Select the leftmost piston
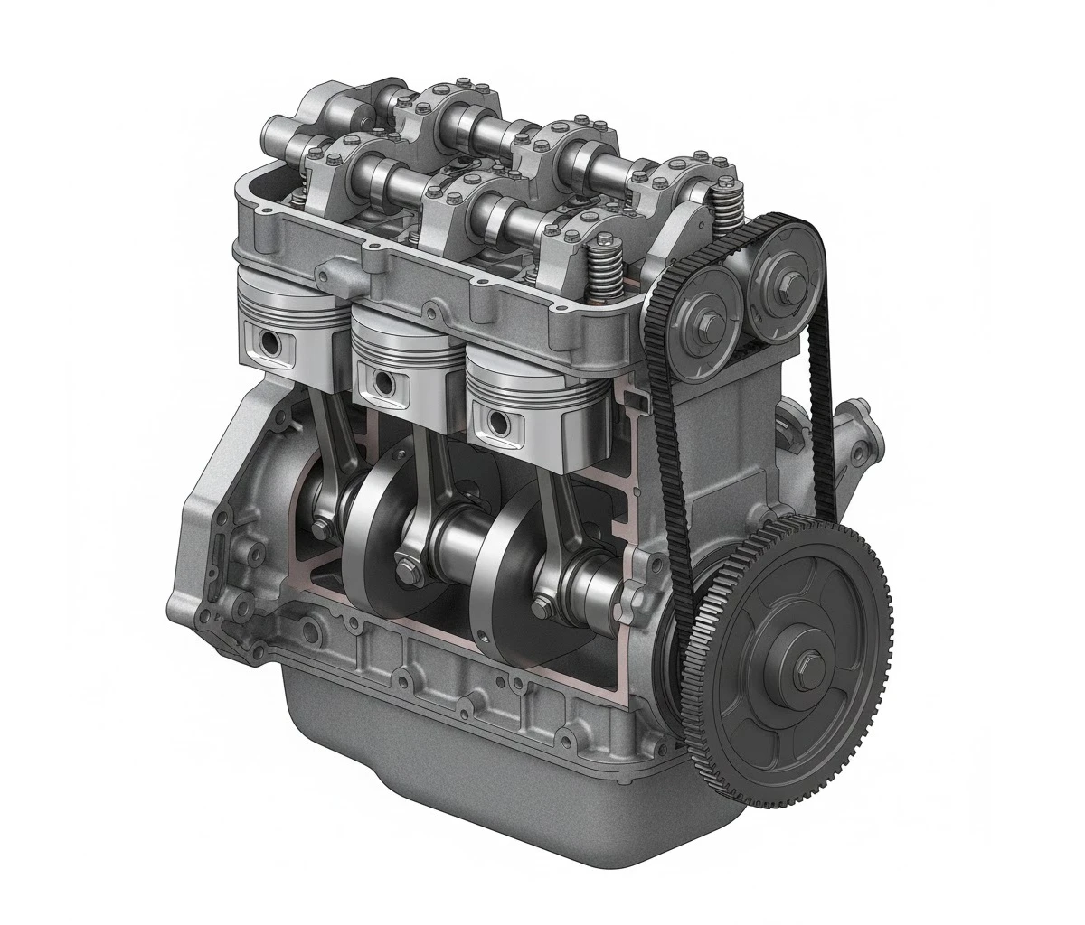(288, 325)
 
